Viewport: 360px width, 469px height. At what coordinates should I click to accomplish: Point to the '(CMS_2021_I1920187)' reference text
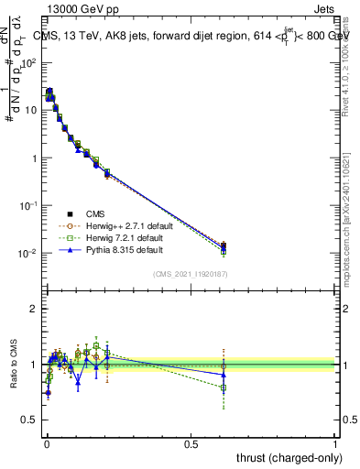point(190,273)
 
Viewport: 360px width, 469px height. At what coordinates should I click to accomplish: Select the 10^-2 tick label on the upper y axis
point(28,253)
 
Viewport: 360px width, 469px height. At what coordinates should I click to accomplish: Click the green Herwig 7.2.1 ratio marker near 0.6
point(224,387)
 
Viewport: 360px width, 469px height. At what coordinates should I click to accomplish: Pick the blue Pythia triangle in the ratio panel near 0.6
point(224,375)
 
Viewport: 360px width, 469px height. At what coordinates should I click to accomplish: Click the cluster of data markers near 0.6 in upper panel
point(224,246)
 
